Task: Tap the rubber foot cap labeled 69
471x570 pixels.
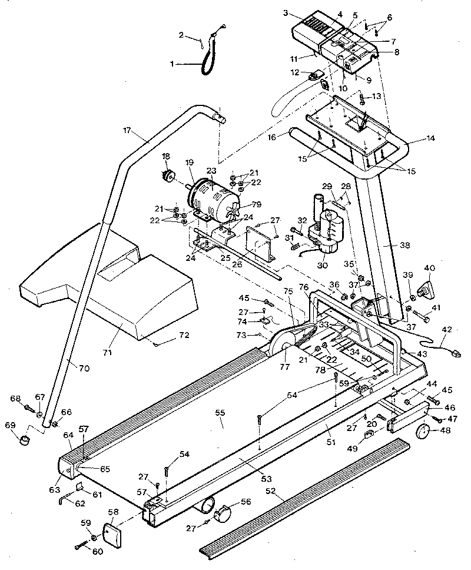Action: click(x=24, y=440)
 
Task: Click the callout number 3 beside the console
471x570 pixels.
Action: click(x=286, y=12)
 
